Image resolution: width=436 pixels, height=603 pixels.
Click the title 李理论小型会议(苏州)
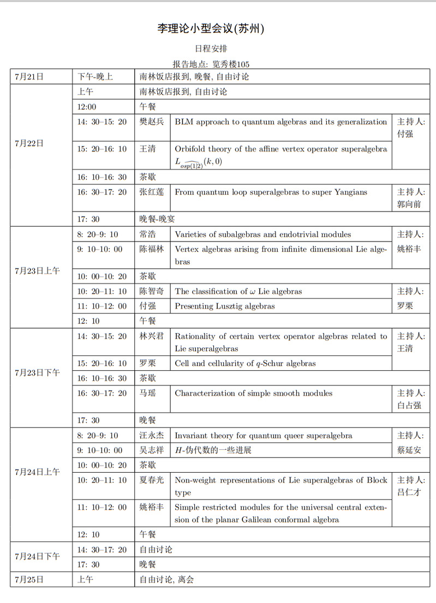coord(211,29)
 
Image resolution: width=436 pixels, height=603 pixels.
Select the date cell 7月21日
coord(29,77)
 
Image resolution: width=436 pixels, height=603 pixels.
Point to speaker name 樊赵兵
coord(151,122)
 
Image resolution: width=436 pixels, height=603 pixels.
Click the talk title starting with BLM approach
coord(280,122)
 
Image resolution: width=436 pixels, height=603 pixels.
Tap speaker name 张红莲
coord(151,192)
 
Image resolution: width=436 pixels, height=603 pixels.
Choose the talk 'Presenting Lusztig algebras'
coord(224,306)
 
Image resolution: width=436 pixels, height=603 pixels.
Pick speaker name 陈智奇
coord(151,291)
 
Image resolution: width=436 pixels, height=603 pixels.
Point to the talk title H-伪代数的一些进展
coord(212,450)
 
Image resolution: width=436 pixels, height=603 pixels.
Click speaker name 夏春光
coord(151,480)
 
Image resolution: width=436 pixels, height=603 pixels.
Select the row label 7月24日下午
coord(37,557)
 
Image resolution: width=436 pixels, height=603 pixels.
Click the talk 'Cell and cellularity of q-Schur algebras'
coord(245,363)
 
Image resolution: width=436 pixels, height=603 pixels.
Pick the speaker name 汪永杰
coord(151,436)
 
